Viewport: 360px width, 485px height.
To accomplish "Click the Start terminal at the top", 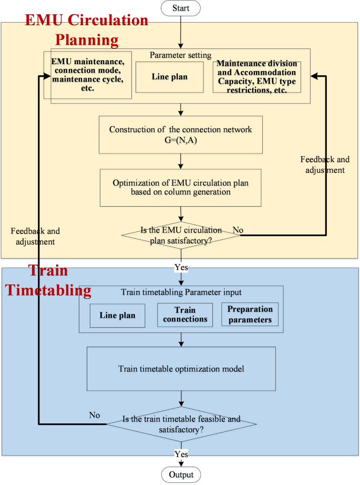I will pos(181,8).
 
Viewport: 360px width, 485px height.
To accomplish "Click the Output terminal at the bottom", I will pos(181,474).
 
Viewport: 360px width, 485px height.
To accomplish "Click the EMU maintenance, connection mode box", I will pos(88,75).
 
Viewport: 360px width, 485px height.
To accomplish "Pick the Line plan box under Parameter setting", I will pos(170,77).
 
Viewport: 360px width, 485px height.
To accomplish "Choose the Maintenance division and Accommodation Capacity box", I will pos(257,77).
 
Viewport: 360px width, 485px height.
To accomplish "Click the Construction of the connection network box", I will pos(180,134).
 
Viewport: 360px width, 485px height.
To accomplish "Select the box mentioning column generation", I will pos(180,187).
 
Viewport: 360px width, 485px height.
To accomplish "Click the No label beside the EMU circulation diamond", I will pos(238,230).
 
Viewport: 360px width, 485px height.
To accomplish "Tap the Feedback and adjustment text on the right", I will pos(323,164).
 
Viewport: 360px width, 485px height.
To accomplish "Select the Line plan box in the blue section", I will pos(117,316).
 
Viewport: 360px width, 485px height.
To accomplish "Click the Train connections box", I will pos(184,315).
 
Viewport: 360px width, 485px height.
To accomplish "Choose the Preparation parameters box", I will pos(250,314).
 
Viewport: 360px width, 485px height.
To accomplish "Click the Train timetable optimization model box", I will pos(181,369).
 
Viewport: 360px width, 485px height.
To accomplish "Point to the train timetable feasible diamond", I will pos(181,423).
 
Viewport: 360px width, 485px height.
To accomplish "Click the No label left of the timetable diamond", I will pos(94,415).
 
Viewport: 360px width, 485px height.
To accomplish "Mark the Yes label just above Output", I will pos(181,453).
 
